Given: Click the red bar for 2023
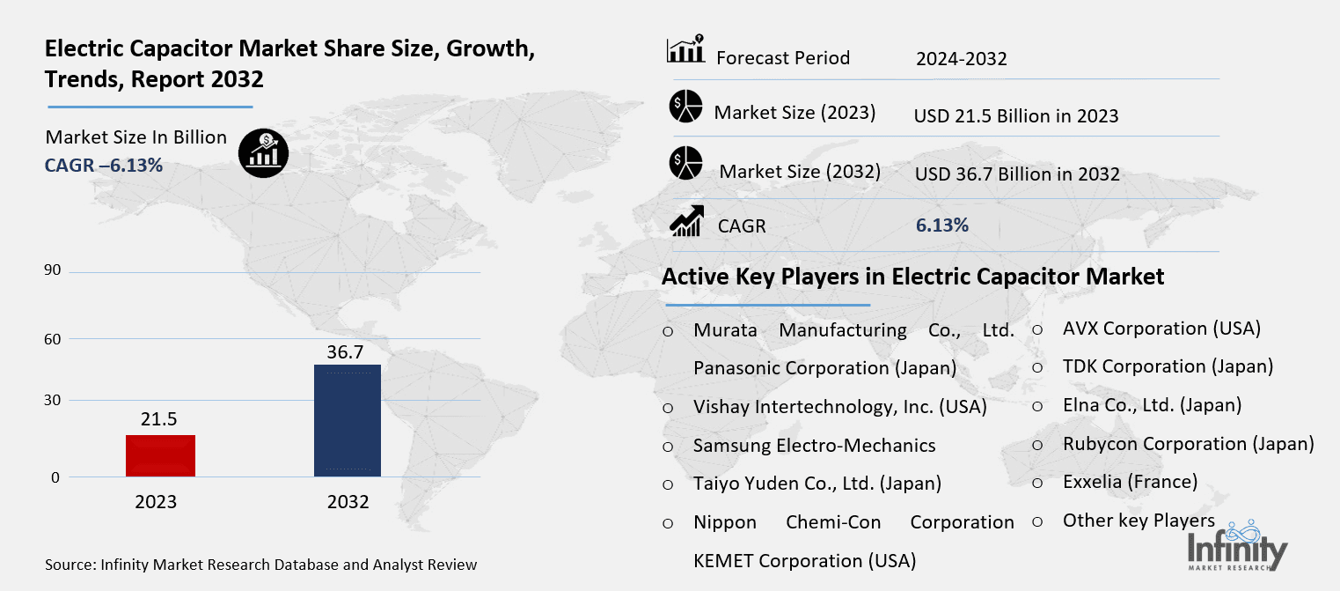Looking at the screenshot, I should [160, 456].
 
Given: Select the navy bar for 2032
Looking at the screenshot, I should [348, 421].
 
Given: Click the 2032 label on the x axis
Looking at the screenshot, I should [348, 502].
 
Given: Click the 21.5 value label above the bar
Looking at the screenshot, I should [159, 419].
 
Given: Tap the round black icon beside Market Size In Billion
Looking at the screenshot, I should [262, 154].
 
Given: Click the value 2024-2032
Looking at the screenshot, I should [961, 59].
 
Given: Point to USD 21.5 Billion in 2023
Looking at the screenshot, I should [1016, 116].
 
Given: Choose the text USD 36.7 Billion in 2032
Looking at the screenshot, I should [1017, 174].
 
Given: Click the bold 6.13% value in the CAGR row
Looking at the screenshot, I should [941, 225].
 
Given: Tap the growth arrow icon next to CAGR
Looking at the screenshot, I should [686, 221].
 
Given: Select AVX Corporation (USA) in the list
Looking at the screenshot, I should [1161, 329].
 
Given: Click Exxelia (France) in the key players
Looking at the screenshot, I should [1130, 482].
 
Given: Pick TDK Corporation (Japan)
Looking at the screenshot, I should [1168, 366].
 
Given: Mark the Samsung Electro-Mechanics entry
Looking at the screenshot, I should [814, 445].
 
